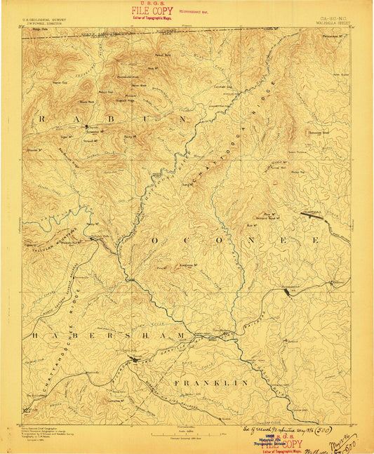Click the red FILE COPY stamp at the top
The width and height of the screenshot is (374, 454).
tap(152, 12)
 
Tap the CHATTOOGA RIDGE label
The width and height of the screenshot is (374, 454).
tap(242, 126)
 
